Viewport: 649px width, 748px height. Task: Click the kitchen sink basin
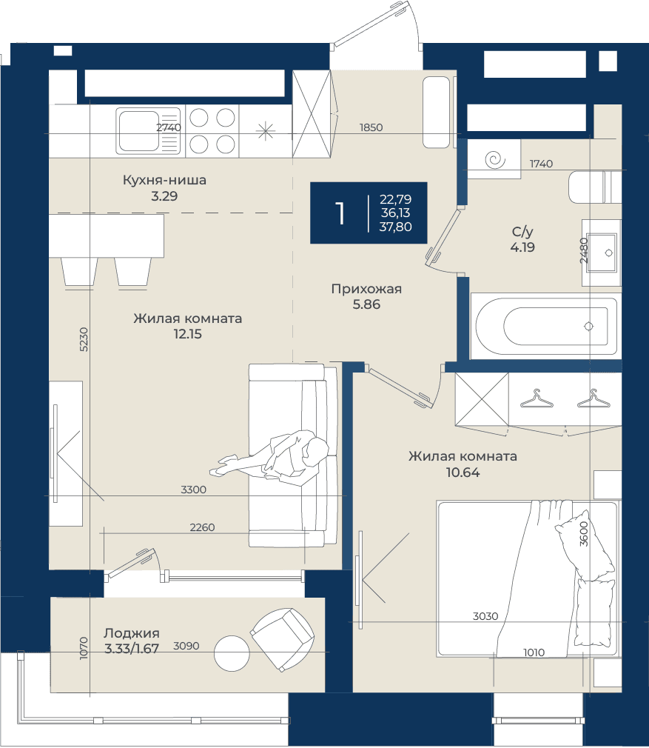tap(138, 130)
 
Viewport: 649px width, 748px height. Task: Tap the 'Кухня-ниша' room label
tap(164, 180)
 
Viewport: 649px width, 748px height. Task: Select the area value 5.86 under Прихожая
tap(366, 304)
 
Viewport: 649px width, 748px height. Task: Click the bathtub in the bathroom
tap(546, 327)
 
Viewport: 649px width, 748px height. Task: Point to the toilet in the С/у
tap(595, 187)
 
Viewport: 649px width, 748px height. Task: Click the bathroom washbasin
tap(602, 253)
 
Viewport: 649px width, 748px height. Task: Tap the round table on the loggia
tap(232, 653)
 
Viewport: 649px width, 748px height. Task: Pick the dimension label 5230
tap(84, 339)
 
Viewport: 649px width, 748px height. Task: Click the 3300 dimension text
tap(193, 490)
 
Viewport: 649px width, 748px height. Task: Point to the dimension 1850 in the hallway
tap(371, 127)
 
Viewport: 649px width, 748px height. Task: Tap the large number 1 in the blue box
tap(340, 213)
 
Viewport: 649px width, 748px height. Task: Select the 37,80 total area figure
tap(395, 227)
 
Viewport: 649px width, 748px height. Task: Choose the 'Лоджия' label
tap(132, 633)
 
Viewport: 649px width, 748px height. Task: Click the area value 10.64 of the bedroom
tap(463, 472)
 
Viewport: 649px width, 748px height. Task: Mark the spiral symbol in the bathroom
tap(495, 159)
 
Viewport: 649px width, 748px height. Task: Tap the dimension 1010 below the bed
tap(534, 652)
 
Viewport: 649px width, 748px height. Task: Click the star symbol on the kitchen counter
tap(266, 130)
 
